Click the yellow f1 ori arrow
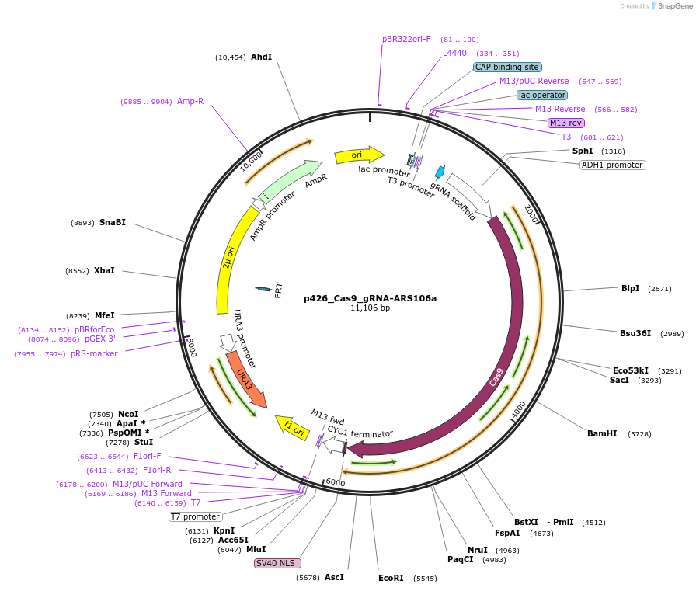(x=292, y=426)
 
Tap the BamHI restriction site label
(x=602, y=433)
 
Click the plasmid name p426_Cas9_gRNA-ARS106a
(x=370, y=298)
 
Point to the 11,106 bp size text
(x=370, y=308)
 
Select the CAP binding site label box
(x=507, y=68)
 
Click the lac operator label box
(x=542, y=95)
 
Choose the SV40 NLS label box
(x=278, y=563)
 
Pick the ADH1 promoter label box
(x=612, y=165)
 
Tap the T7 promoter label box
(x=196, y=516)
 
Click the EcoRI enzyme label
(x=391, y=578)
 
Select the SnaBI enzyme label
(x=112, y=222)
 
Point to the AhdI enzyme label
(x=261, y=57)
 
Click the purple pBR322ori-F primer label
(x=406, y=39)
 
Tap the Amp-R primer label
(x=190, y=101)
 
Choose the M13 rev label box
(x=565, y=123)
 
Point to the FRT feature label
(x=278, y=290)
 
